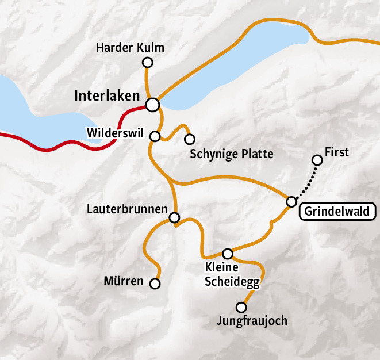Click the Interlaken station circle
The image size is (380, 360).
point(152,105)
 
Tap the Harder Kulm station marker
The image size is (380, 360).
point(147,62)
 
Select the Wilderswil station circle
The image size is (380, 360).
point(155,136)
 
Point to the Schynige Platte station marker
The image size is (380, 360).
point(189,139)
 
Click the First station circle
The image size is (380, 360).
point(316,159)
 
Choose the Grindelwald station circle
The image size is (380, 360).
point(291,201)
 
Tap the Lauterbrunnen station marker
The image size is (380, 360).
point(174,217)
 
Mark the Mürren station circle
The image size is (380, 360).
point(155,284)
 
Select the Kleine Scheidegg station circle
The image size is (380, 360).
point(228,254)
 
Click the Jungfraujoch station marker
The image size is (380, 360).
point(241,307)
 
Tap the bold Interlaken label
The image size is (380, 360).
point(107,95)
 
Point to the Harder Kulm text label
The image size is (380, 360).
point(130,48)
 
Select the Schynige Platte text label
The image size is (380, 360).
point(231,154)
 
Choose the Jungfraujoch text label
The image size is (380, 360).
point(252,321)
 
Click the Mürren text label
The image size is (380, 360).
point(124,281)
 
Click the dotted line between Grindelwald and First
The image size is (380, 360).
point(304,180)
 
